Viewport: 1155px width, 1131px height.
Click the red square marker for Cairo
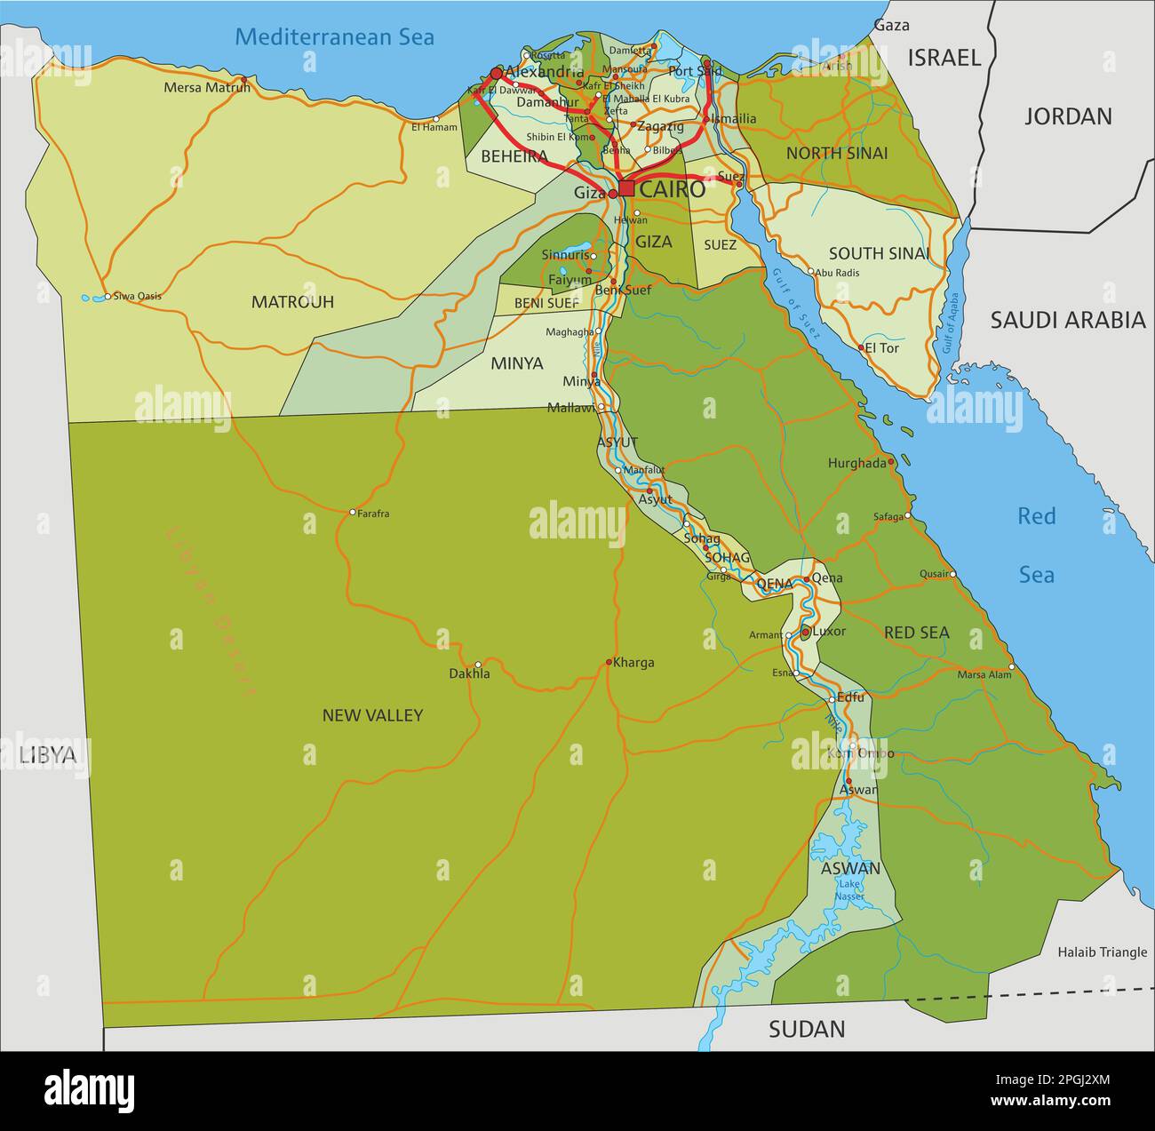tap(626, 188)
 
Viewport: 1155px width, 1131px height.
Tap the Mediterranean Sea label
tap(335, 36)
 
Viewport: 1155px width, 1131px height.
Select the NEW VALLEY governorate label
tap(372, 715)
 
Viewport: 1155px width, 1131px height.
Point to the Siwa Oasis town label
tap(137, 296)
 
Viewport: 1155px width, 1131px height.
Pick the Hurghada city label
tap(856, 463)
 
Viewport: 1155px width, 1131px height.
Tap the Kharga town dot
tap(609, 662)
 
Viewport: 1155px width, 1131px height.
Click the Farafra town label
tap(373, 514)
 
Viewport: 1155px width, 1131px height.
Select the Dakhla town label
tap(469, 674)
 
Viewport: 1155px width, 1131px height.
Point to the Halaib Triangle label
tap(1102, 952)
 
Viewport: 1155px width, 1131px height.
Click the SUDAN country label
tap(807, 1029)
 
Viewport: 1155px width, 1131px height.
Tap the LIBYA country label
tap(48, 755)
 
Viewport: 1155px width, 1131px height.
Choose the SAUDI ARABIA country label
tap(1068, 320)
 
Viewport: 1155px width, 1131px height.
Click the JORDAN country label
tap(1068, 116)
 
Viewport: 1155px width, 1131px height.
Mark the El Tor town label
tap(881, 348)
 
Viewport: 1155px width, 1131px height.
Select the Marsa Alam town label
tap(984, 674)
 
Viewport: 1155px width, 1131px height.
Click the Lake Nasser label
tap(850, 889)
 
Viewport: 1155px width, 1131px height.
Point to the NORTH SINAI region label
tap(836, 153)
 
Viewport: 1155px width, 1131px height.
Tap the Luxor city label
tap(829, 632)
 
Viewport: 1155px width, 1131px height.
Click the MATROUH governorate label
tap(292, 302)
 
